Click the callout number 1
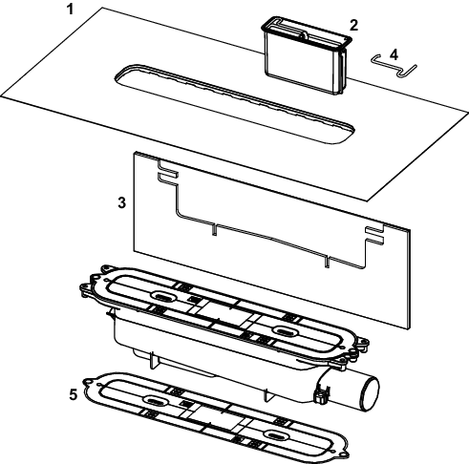tap(70, 10)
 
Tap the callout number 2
tap(353, 25)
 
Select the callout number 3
tap(122, 202)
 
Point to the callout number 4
tap(394, 55)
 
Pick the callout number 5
tap(74, 394)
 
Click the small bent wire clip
tap(394, 66)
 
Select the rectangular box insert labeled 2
tap(307, 55)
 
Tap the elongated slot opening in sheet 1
tap(234, 104)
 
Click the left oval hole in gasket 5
tap(155, 400)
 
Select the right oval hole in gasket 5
tap(275, 434)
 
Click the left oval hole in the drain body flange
tap(162, 296)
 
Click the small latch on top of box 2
tap(303, 36)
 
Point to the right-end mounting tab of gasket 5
tap(345, 453)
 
